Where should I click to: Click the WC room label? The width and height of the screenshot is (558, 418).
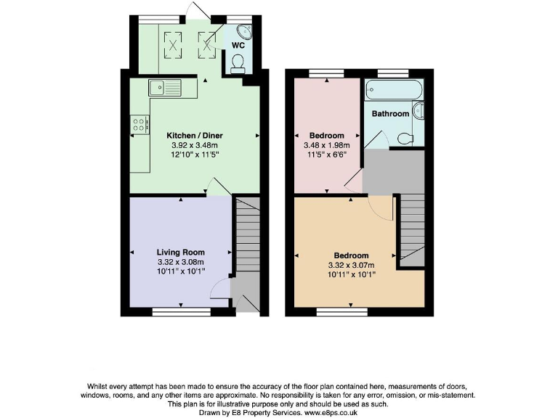pyautogui.click(x=237, y=45)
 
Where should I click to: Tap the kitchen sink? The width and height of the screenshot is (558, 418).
pyautogui.click(x=167, y=89)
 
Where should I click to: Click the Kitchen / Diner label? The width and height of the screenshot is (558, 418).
pyautogui.click(x=195, y=136)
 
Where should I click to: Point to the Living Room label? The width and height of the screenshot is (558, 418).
pyautogui.click(x=181, y=253)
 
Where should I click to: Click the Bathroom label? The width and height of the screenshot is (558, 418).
pyautogui.click(x=390, y=114)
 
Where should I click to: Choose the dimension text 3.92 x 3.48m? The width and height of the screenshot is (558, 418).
pyautogui.click(x=195, y=145)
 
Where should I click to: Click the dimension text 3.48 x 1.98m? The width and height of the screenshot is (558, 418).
pyautogui.click(x=326, y=145)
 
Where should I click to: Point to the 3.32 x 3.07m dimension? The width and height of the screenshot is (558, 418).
pyautogui.click(x=351, y=265)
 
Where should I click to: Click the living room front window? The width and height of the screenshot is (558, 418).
pyautogui.click(x=182, y=311)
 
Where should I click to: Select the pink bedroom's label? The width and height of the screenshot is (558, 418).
pyautogui.click(x=326, y=136)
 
